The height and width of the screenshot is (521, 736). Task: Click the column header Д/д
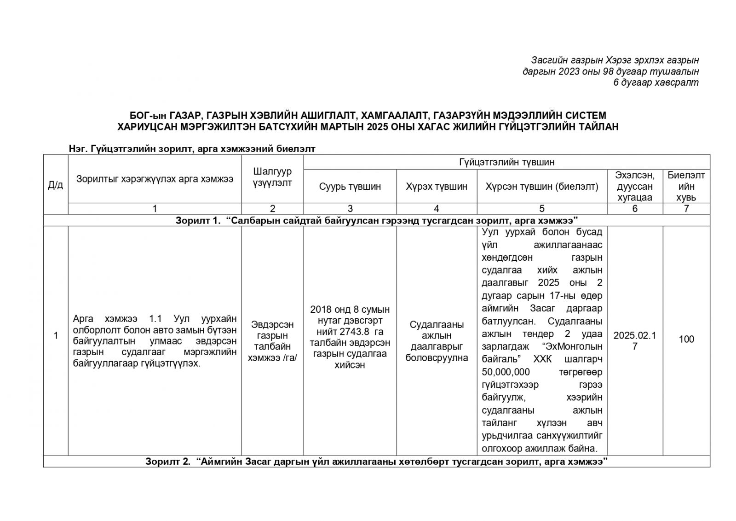pyautogui.click(x=56, y=185)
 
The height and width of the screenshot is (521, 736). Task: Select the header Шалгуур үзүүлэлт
pyautogui.click(x=272, y=177)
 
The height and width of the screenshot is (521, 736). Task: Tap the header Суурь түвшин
pyautogui.click(x=350, y=187)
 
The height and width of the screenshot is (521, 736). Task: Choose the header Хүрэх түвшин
pyautogui.click(x=436, y=187)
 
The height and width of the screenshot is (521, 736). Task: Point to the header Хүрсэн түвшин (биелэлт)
pyautogui.click(x=542, y=187)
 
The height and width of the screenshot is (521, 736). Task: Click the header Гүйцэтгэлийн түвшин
pyautogui.click(x=506, y=162)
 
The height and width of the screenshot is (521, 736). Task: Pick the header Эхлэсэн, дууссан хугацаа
pyautogui.click(x=635, y=186)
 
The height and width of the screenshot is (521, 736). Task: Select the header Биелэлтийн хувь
pyautogui.click(x=686, y=186)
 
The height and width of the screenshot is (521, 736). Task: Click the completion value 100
pyautogui.click(x=686, y=340)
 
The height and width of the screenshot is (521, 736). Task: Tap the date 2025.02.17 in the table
pyautogui.click(x=635, y=340)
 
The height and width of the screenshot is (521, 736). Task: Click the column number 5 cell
pyautogui.click(x=542, y=209)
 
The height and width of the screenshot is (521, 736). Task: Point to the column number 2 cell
pyautogui.click(x=272, y=209)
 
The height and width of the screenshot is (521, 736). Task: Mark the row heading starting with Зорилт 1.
pyautogui.click(x=376, y=220)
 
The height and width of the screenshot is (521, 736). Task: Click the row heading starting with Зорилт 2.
pyautogui.click(x=376, y=462)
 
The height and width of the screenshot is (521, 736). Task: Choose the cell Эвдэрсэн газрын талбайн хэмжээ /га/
pyautogui.click(x=272, y=341)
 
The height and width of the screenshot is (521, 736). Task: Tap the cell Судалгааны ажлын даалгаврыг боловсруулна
pyautogui.click(x=436, y=341)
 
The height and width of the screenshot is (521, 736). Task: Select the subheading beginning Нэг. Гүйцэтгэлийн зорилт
pyautogui.click(x=192, y=149)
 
